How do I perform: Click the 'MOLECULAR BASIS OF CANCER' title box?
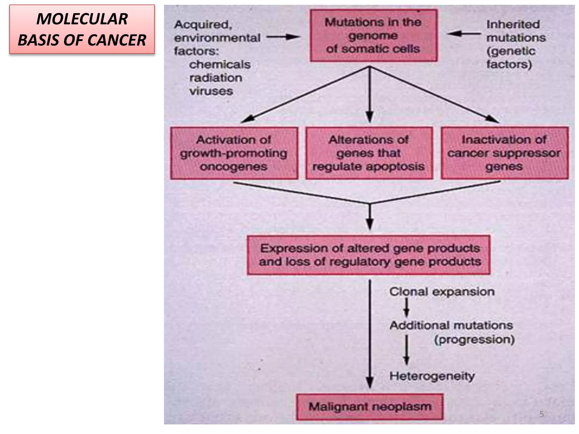(x=82, y=29)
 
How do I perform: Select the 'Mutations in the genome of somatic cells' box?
(x=373, y=36)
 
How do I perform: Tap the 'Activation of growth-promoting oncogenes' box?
(x=234, y=153)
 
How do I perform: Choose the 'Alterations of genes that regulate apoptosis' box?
(x=369, y=153)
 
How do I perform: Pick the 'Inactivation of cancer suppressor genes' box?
(x=504, y=153)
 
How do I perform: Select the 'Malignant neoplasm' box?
(x=370, y=407)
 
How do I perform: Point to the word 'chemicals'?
(x=220, y=65)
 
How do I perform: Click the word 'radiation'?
(x=216, y=78)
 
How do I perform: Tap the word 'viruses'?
(x=211, y=91)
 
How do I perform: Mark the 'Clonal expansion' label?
(x=442, y=292)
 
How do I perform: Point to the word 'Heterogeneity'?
(x=432, y=376)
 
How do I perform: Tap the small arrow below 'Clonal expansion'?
(x=407, y=308)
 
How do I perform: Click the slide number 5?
(x=541, y=414)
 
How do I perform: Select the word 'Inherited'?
(x=513, y=24)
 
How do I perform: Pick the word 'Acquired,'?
(x=203, y=25)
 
